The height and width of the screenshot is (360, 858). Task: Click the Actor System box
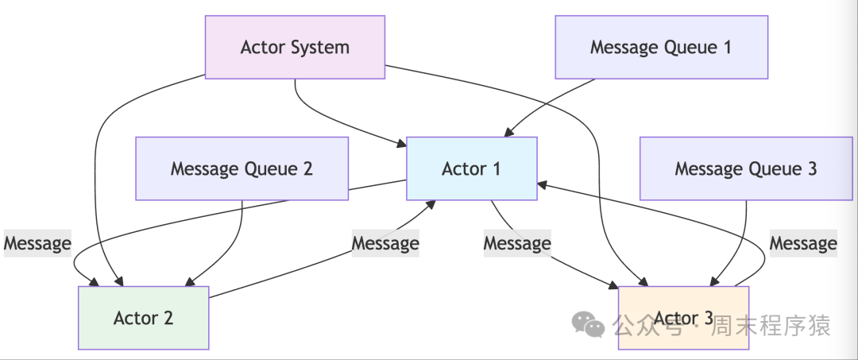point(295,47)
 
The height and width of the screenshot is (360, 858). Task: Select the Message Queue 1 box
point(661,47)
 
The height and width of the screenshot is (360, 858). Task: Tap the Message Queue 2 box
point(242,168)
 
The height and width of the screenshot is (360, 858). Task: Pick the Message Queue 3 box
point(745,168)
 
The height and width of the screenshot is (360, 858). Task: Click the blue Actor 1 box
point(471,168)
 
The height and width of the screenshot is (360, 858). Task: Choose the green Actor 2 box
point(143,318)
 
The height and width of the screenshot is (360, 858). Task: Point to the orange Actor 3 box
point(683,318)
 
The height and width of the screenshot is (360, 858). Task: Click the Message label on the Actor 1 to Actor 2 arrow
point(37,243)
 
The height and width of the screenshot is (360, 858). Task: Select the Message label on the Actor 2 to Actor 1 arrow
point(385,243)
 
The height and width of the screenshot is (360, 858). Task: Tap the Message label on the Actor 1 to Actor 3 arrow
point(517,243)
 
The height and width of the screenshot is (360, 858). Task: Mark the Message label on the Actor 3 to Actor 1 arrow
point(803,243)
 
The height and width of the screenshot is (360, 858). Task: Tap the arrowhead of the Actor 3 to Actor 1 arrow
point(543,184)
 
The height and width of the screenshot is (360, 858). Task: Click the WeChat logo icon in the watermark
point(589,324)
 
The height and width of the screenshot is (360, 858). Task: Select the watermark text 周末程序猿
point(771,325)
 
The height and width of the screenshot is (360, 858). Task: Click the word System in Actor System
point(320,47)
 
